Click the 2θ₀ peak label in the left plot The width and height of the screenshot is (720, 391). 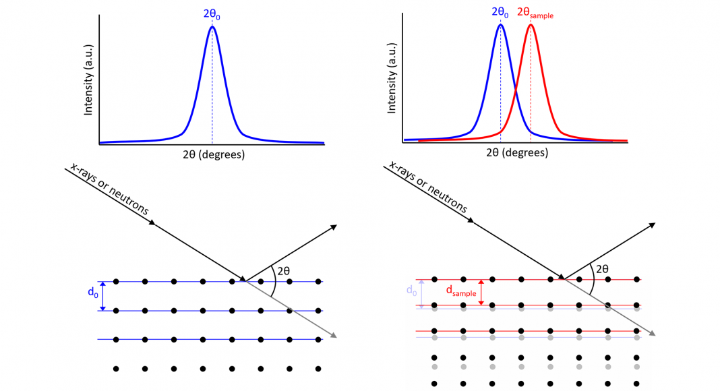tap(212, 13)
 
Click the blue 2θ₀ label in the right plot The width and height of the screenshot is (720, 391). tap(500, 13)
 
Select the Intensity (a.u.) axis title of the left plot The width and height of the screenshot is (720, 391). tap(88, 84)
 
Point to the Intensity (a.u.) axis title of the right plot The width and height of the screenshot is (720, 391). tap(392, 84)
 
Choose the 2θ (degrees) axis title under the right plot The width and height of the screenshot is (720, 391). tap(516, 152)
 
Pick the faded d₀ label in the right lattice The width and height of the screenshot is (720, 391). tap(410, 291)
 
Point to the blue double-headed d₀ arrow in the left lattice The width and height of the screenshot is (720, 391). tap(103, 295)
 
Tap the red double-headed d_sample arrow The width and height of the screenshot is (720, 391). tap(481, 292)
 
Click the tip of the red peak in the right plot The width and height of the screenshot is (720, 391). tap(531, 25)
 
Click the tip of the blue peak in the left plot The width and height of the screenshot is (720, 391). tap(212, 26)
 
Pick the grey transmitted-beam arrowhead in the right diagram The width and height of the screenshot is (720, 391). tap(652, 334)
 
